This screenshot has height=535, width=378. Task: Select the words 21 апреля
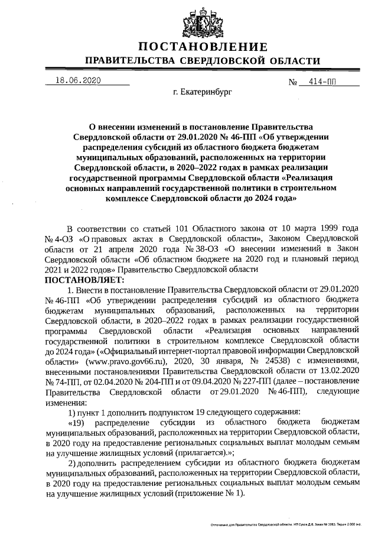[x=100, y=249]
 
